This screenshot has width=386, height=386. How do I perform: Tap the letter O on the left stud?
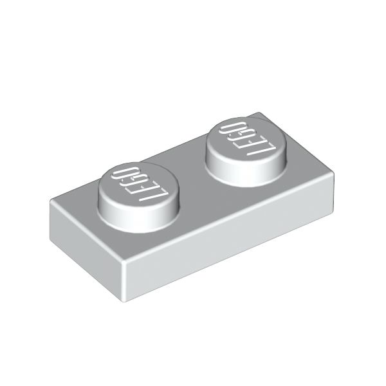click(120, 174)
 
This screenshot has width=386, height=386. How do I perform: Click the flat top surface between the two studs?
click(193, 187)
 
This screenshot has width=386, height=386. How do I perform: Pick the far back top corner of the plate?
click(261, 114)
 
